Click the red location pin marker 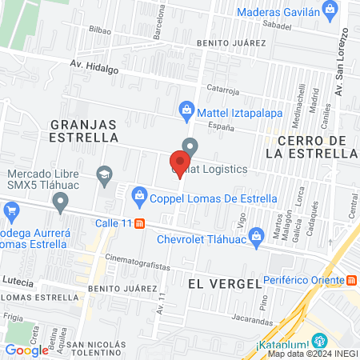178,161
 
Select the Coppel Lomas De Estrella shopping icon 139,194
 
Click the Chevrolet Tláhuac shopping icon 257,235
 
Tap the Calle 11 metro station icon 140,223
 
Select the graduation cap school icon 103,173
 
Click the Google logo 26,350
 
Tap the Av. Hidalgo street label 94,67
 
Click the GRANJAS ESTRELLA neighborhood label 84,130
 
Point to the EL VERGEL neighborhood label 225,284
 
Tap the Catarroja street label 223,90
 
